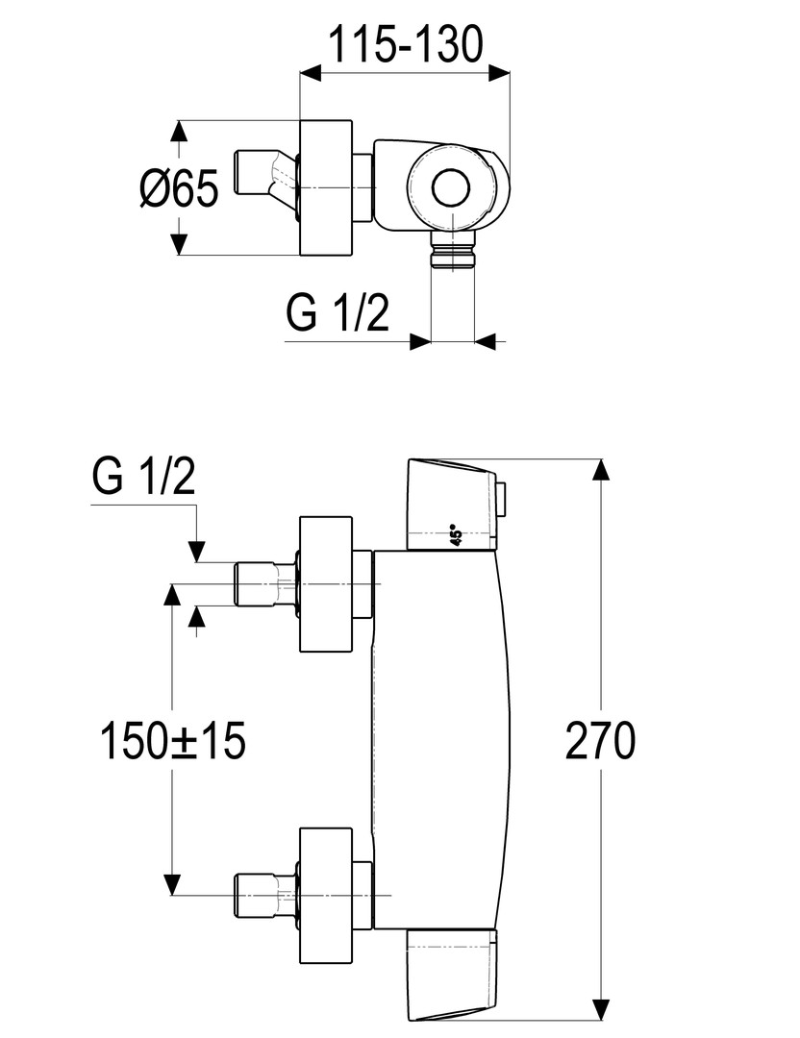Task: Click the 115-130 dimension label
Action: [x=405, y=44]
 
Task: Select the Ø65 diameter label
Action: [x=179, y=188]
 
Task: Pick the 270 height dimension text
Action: [x=600, y=742]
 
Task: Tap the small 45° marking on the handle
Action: [x=457, y=535]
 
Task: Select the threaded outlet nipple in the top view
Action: [x=452, y=252]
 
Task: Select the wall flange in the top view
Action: [x=327, y=188]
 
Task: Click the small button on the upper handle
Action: [x=503, y=498]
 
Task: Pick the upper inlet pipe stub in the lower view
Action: [x=260, y=584]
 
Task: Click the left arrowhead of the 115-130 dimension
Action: [x=310, y=71]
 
